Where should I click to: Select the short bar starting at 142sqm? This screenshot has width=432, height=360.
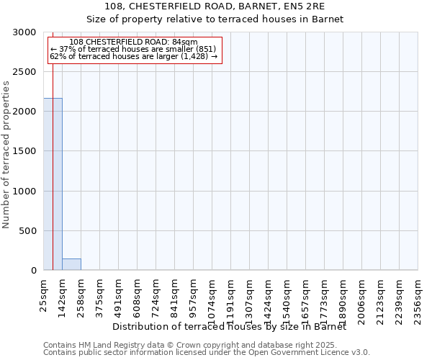coord(71,264)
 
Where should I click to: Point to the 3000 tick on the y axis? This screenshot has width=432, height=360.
coord(27,32)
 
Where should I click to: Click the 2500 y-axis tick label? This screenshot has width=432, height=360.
coord(27,72)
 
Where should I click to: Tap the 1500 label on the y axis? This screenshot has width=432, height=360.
coord(27,151)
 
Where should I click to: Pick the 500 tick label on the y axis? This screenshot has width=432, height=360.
coord(30,231)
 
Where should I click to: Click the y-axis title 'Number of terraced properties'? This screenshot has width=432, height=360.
coord(6,155)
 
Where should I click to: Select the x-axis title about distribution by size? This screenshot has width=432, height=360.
coord(230,326)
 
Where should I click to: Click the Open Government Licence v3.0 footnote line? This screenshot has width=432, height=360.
coord(207,353)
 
